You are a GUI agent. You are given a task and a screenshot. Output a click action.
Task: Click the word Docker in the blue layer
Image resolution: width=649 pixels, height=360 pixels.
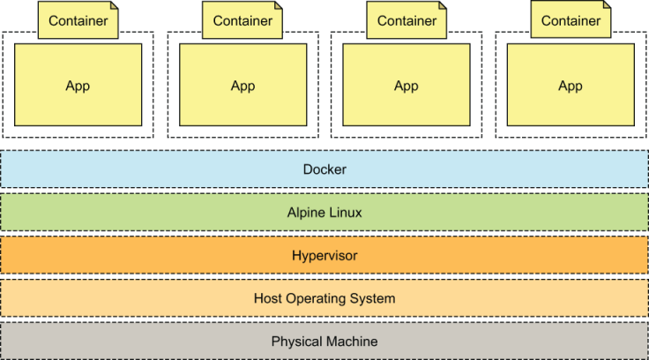324,169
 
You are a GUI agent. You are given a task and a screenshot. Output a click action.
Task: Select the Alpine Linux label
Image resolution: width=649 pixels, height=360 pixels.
324,213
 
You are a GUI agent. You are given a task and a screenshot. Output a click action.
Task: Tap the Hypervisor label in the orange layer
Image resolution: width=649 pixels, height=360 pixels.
324,256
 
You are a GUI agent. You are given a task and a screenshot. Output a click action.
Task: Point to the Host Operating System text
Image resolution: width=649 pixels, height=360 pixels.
324,298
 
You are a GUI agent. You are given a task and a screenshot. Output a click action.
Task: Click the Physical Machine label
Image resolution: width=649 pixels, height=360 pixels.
324,341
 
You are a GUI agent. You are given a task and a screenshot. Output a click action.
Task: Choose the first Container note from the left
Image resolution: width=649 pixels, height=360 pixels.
78,20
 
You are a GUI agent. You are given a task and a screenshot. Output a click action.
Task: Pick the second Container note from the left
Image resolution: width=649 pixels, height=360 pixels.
242,20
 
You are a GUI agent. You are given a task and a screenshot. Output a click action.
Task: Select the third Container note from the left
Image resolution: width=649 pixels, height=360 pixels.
407,20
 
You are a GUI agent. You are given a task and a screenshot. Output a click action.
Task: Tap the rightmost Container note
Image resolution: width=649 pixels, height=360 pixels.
571,20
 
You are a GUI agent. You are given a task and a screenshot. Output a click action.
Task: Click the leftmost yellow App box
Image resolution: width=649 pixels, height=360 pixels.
78,86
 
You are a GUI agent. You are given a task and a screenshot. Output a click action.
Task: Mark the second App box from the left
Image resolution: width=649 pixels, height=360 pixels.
242,86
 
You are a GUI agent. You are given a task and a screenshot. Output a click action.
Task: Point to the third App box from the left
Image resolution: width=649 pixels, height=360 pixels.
406,86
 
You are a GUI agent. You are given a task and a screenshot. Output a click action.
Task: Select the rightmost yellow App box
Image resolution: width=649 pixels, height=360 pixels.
571,86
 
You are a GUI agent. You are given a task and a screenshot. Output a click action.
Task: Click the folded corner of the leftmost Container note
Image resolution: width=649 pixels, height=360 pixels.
114,6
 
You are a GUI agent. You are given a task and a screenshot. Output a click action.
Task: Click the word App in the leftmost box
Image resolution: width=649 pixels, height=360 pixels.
78,86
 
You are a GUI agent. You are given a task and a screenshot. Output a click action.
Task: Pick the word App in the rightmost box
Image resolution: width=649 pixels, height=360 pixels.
571,86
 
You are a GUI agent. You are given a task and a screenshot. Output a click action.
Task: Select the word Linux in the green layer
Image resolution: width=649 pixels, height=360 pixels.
344,213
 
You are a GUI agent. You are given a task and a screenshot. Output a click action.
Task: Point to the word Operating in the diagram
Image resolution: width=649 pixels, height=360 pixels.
317,298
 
